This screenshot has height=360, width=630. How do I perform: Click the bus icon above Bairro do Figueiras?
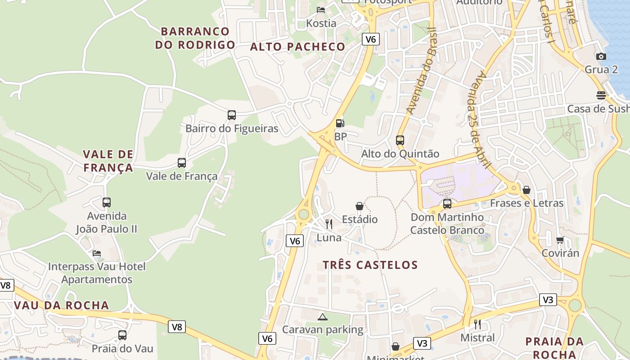point(232,115)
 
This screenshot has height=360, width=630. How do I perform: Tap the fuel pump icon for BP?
point(340,123)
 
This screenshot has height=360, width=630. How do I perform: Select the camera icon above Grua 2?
point(601,56)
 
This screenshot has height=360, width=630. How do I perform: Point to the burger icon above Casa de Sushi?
point(601,95)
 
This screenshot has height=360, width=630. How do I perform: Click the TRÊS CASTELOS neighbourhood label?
point(370,265)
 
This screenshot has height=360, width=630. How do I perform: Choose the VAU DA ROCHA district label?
point(62,305)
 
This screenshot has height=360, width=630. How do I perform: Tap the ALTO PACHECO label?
point(297,46)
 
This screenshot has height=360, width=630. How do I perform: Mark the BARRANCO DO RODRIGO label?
point(195,38)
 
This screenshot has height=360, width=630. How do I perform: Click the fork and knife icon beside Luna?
point(329,224)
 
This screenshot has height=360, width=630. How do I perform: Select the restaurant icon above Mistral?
point(477,324)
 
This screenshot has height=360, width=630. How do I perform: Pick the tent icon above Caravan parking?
point(322,317)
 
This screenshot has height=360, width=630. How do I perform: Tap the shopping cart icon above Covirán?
point(560,240)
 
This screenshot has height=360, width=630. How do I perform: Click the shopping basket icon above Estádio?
point(360,206)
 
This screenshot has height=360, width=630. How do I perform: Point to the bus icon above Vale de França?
point(182,163)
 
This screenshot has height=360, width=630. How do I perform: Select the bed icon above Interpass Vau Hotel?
point(97,253)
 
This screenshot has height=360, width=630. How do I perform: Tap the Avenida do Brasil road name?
point(421,71)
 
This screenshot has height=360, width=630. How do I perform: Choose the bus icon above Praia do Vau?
point(122,335)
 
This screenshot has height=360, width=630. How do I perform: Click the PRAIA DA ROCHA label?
point(554,347)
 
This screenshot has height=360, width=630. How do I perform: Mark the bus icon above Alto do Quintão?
point(400,140)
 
